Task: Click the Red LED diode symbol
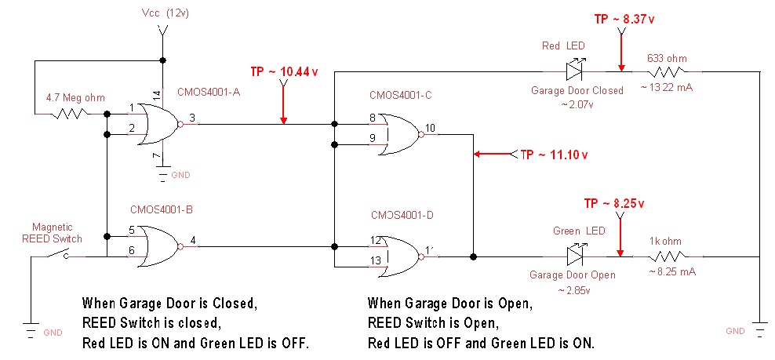[574, 71]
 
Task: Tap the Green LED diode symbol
[574, 256]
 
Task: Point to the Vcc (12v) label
[166, 13]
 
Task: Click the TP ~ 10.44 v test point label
[284, 71]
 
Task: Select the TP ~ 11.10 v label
[554, 155]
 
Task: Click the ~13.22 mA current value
[667, 86]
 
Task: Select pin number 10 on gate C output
[430, 128]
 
